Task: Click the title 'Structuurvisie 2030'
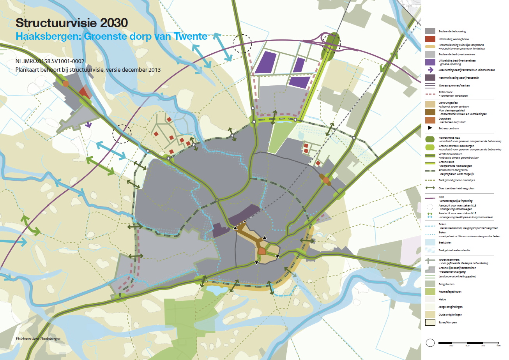point(71,23)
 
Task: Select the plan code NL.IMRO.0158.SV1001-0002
point(50,62)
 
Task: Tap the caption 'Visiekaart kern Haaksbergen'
point(38,339)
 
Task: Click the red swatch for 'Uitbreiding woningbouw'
point(430,39)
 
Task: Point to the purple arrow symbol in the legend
point(430,70)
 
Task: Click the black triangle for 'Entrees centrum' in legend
point(430,128)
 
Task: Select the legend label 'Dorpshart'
point(445,118)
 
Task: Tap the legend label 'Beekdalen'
point(445,242)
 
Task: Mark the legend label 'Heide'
point(442,300)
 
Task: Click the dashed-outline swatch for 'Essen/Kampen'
point(430,322)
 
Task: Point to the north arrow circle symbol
point(430,343)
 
